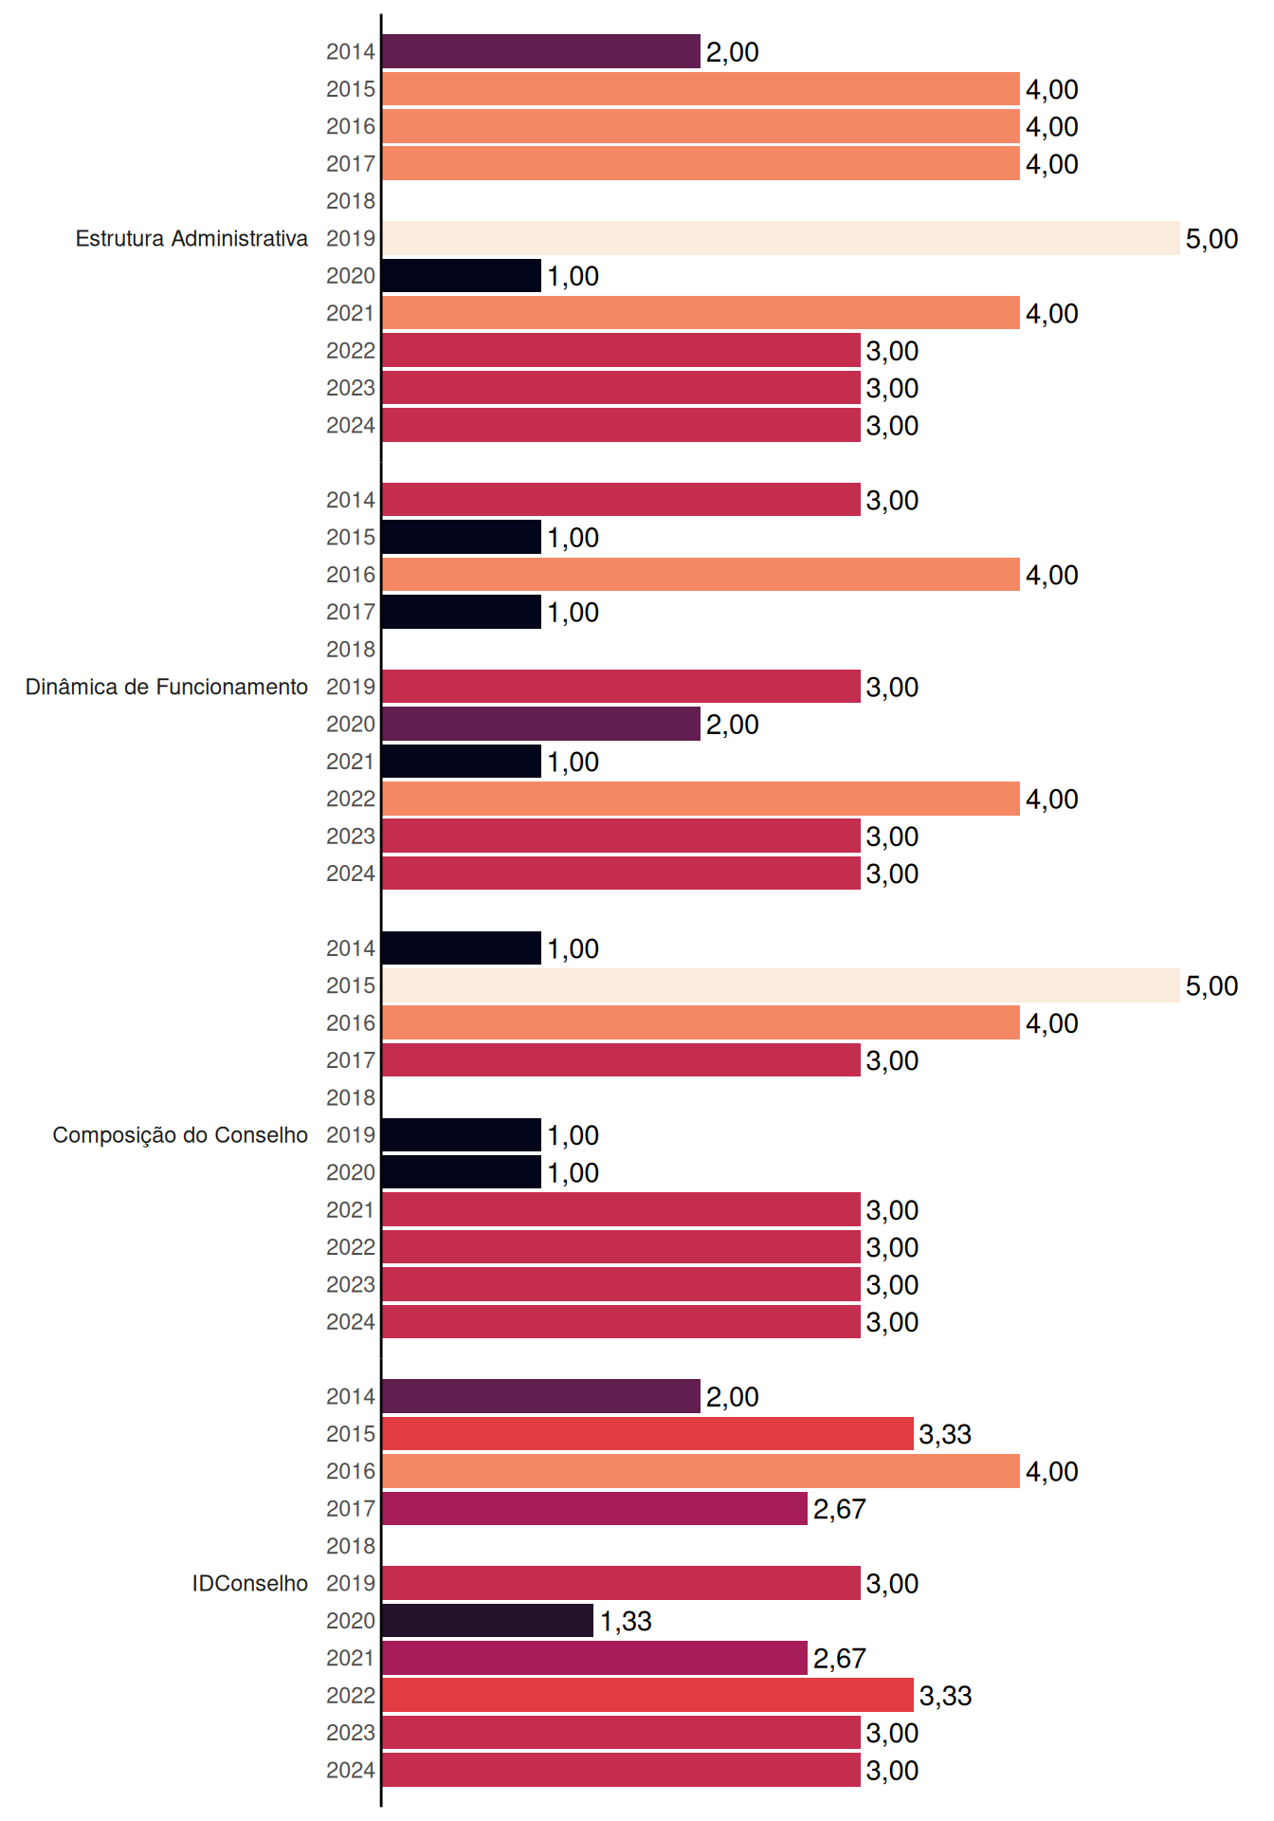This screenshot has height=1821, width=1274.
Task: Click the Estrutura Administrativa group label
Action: [191, 238]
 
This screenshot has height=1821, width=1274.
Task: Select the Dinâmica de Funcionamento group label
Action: [167, 687]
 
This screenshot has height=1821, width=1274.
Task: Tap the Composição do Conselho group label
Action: [180, 1135]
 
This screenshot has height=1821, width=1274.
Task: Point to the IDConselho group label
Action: [250, 1583]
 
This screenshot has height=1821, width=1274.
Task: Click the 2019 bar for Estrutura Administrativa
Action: [781, 238]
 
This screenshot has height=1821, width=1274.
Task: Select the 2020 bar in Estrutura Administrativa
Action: [462, 276]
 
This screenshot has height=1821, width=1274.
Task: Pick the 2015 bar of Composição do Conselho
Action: [781, 985]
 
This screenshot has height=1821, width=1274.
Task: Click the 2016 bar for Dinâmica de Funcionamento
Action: [701, 575]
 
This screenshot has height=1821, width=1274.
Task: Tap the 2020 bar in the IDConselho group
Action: [488, 1621]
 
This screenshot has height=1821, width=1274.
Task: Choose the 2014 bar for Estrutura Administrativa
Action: [541, 51]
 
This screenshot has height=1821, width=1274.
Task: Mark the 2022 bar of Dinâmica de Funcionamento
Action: [701, 799]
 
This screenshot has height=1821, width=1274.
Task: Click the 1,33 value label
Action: [626, 1621]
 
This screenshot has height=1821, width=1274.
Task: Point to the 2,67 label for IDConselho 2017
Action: [840, 1509]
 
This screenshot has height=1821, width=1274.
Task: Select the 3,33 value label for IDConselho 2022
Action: [946, 1696]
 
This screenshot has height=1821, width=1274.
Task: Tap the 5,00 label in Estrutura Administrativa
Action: [1212, 239]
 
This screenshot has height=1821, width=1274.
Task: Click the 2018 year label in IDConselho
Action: [351, 1546]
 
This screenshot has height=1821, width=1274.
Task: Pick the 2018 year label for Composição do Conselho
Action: [351, 1097]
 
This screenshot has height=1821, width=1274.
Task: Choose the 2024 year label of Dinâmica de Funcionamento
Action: [351, 874]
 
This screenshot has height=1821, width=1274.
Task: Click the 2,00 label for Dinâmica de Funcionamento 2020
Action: [733, 725]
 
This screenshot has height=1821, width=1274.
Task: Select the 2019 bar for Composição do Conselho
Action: [462, 1135]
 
